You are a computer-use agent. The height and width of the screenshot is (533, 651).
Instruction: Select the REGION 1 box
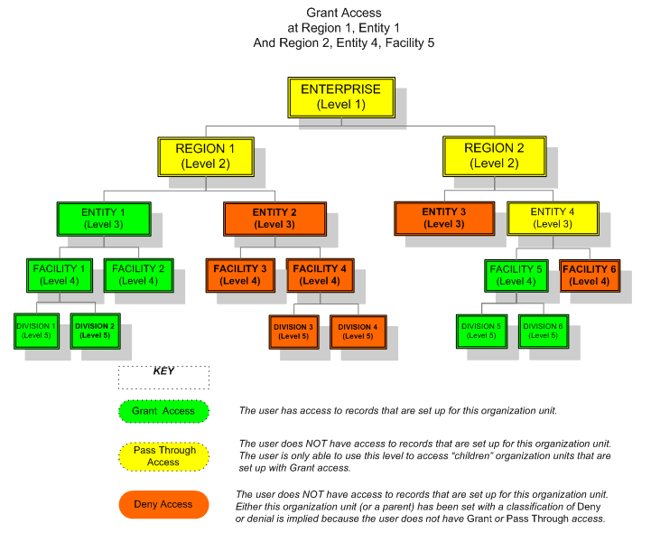click(x=205, y=155)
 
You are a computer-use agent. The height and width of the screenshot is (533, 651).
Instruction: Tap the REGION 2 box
click(x=494, y=155)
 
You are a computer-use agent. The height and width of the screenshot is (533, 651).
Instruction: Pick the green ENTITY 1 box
click(x=104, y=218)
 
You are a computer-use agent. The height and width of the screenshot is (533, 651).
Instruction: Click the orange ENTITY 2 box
click(x=274, y=218)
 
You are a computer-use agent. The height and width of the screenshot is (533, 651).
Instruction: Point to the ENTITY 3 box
click(x=443, y=218)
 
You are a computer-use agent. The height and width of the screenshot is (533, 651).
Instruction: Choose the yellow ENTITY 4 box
click(x=551, y=218)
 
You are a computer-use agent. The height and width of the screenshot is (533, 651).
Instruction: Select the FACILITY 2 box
click(x=138, y=275)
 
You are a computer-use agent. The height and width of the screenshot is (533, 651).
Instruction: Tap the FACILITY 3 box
click(x=241, y=275)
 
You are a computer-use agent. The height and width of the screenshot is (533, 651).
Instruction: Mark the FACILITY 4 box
click(x=320, y=275)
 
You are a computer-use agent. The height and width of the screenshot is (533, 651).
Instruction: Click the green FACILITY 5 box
click(x=517, y=275)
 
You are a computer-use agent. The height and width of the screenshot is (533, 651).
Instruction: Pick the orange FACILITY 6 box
click(x=591, y=275)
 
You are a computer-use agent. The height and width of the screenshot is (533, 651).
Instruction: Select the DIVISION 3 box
click(x=293, y=331)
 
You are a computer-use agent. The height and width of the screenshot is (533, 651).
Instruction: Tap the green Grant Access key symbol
click(x=163, y=411)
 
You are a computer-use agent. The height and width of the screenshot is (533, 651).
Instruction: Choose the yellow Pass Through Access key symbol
click(x=163, y=456)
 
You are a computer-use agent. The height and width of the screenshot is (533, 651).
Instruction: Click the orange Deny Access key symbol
click(x=163, y=504)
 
